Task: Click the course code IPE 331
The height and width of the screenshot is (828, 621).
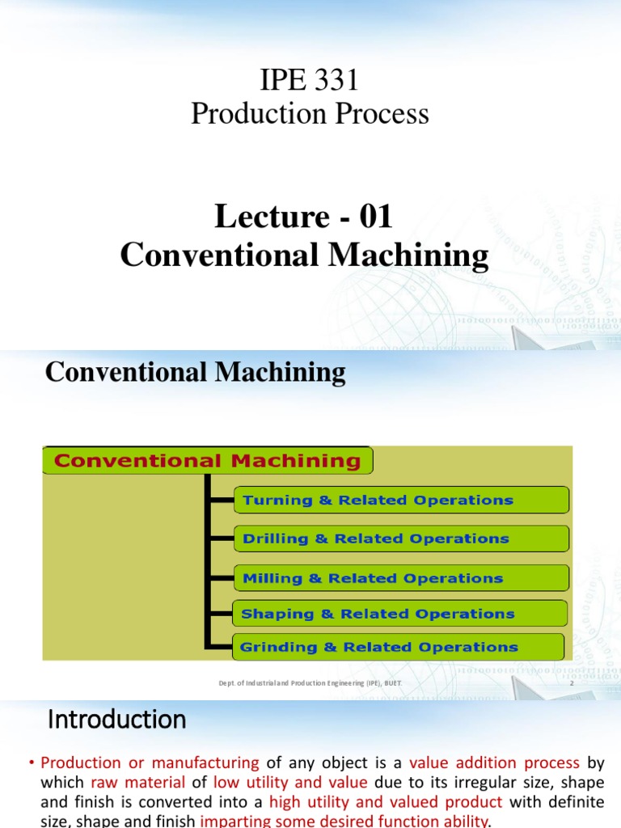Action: pos(310,81)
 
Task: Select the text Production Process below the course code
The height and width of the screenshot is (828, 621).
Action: pos(310,114)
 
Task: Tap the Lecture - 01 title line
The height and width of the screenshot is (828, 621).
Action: pos(304,217)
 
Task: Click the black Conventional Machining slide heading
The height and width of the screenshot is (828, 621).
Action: pos(196,372)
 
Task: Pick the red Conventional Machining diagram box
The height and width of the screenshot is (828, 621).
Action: pos(207,461)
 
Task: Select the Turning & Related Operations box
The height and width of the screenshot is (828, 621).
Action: pos(400,500)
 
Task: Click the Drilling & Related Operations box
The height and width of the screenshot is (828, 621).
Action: pos(400,539)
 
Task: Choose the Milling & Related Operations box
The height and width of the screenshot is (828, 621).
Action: pos(400,578)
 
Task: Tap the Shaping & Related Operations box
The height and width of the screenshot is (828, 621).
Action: pos(400,614)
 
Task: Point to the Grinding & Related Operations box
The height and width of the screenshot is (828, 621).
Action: pos(399,647)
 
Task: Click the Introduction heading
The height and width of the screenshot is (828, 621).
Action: pos(117,719)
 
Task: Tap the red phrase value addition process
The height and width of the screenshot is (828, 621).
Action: pos(495,763)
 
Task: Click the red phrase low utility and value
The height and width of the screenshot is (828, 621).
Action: pos(290,782)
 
